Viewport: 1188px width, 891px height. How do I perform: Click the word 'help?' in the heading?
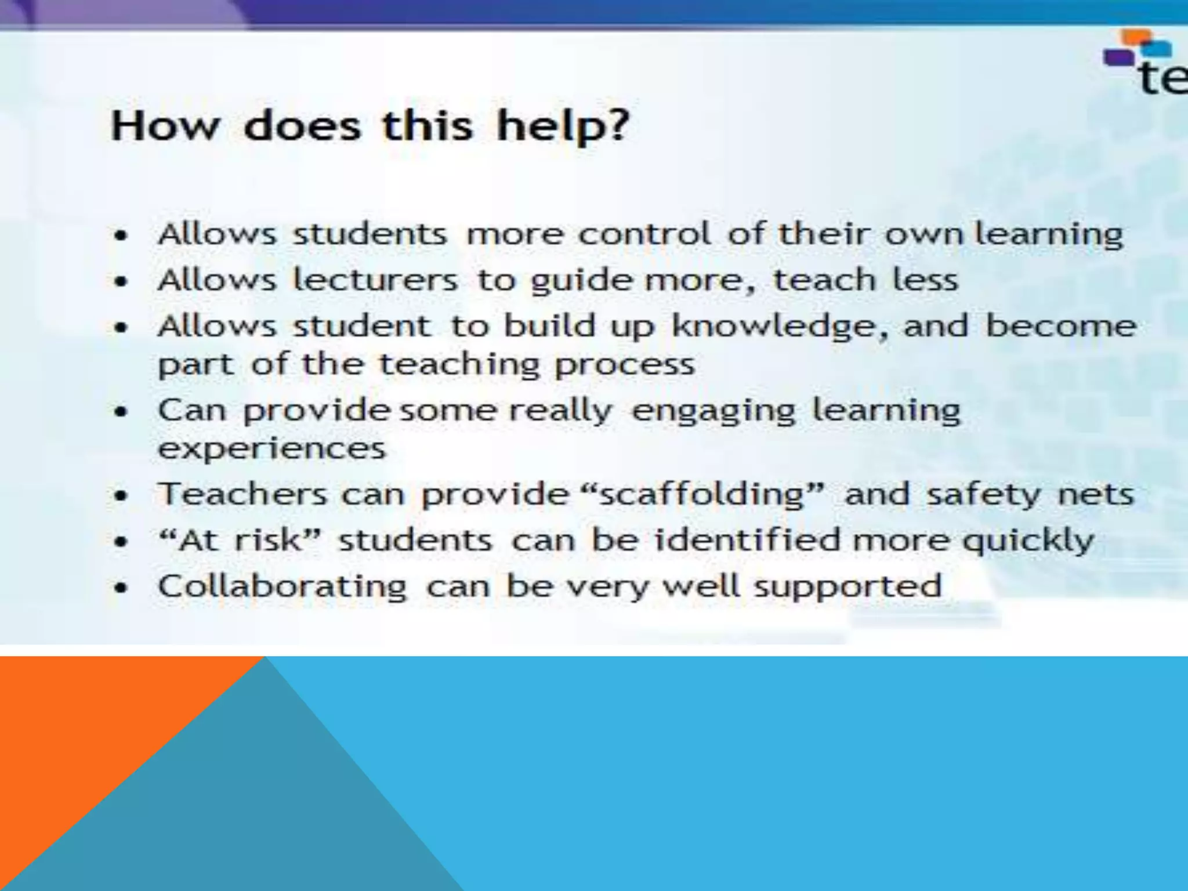click(563, 127)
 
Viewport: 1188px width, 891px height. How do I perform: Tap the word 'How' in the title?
click(166, 126)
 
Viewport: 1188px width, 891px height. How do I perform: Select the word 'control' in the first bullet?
click(644, 234)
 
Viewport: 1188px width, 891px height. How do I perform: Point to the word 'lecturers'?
click(375, 280)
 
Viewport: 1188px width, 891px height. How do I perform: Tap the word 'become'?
click(1061, 325)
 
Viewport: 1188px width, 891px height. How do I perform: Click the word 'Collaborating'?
click(282, 586)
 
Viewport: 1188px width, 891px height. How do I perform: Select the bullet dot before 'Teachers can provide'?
click(121, 497)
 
